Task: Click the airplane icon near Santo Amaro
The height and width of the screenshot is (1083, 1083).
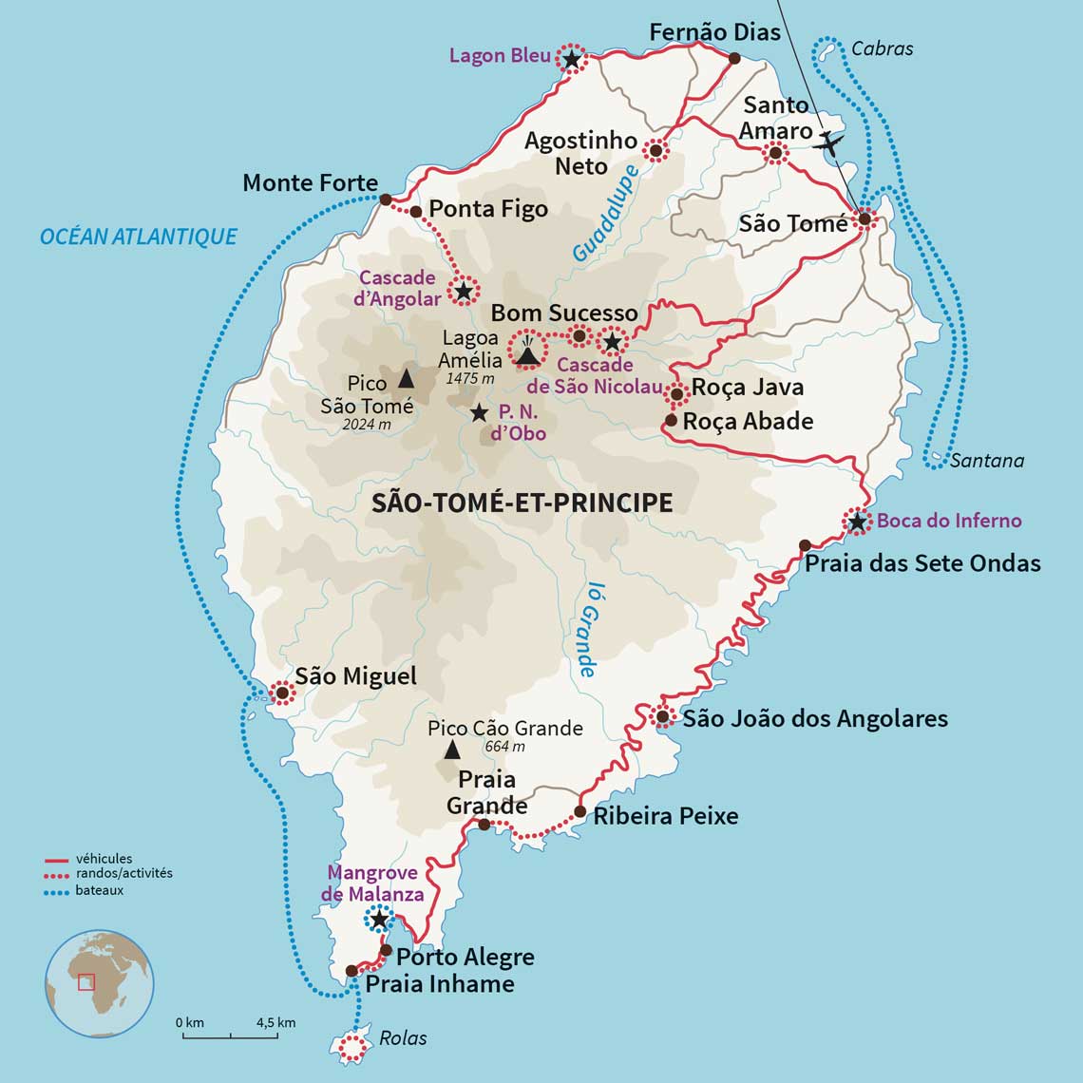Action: [x=829, y=143]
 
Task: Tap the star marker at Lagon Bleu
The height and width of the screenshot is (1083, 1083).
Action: [x=571, y=59]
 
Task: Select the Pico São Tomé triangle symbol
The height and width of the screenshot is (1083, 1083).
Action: [x=406, y=378]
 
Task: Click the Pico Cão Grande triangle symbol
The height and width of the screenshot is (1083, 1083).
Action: [x=452, y=750]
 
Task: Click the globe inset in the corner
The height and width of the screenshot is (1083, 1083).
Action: [x=99, y=982]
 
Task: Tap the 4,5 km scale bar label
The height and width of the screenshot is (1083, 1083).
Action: [x=275, y=1022]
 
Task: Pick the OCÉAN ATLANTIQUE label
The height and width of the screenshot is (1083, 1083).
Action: [x=139, y=237]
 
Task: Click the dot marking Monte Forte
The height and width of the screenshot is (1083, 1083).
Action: [x=385, y=199]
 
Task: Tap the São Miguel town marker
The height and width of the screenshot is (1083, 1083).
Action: [x=282, y=693]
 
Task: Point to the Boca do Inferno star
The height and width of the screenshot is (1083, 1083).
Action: [x=857, y=521]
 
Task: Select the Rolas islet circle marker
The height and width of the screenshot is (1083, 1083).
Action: [x=353, y=1048]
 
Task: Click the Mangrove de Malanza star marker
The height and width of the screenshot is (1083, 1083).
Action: [x=379, y=919]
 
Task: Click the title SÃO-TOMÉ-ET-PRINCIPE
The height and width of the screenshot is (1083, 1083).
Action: [x=522, y=503]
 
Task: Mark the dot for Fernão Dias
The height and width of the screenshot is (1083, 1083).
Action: [x=734, y=58]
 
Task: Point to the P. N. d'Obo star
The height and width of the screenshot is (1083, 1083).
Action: [x=480, y=413]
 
